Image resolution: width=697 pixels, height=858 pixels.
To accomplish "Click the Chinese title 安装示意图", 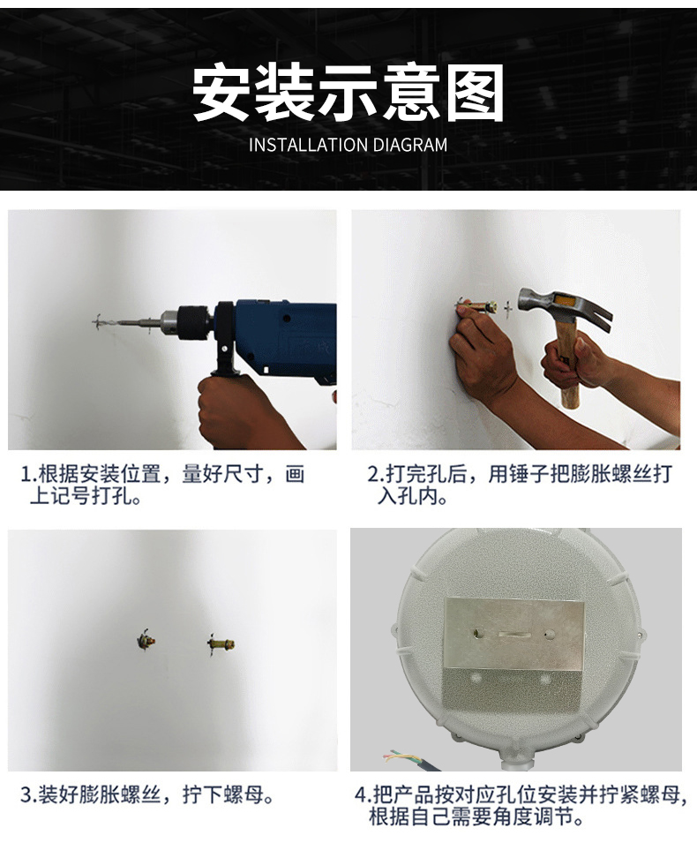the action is click(348, 93).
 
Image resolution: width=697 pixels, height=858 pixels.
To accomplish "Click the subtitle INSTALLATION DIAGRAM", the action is click(348, 145).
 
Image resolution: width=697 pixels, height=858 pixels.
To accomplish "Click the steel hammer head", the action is click(564, 308).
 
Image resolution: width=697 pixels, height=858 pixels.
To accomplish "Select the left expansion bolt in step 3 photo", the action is click(146, 640).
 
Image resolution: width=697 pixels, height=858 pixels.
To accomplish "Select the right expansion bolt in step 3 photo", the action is click(221, 643).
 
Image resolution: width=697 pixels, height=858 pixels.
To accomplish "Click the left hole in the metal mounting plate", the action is click(479, 634).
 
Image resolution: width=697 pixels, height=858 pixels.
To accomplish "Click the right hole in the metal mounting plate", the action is click(550, 635).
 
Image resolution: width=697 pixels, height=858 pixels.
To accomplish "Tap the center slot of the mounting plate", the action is click(514, 635).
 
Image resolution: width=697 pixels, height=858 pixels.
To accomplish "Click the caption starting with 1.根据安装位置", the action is click(162, 485).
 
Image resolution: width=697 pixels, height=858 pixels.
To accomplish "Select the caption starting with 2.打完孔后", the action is click(520, 485).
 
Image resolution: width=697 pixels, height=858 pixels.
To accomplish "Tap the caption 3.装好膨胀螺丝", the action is click(147, 794).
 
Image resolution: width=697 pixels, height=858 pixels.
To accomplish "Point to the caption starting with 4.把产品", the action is click(521, 805).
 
